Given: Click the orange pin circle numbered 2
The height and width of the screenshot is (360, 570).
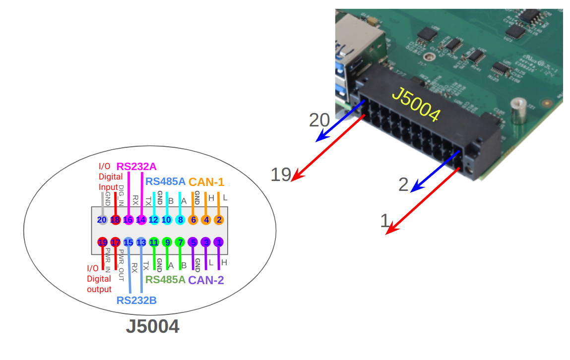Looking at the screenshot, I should (x=219, y=220).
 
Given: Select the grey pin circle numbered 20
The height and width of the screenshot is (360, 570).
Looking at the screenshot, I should (x=102, y=220).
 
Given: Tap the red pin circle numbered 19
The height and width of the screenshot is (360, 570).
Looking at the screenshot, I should (x=103, y=242).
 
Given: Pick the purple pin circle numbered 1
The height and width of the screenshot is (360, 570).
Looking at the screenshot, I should (x=219, y=242).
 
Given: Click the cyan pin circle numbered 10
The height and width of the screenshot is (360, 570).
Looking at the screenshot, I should (x=167, y=220).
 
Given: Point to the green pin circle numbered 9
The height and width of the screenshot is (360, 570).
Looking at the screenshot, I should (x=167, y=242).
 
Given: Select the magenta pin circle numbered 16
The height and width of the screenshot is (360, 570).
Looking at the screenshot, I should (x=128, y=220).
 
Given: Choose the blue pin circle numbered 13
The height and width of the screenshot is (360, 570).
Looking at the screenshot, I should (x=141, y=242).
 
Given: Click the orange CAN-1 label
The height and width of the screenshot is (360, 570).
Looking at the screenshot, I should (x=206, y=182).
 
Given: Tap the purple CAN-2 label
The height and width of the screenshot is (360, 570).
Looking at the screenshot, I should (x=206, y=280).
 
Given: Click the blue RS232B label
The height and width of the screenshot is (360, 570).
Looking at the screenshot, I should (x=137, y=300).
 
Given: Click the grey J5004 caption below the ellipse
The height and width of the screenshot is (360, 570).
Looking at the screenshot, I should (x=152, y=327).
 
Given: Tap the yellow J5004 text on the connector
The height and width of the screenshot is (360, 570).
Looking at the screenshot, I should (x=416, y=105).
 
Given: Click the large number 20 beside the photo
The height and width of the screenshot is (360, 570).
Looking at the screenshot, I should (x=319, y=120).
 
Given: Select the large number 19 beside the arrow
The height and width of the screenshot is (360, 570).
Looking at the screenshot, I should (x=280, y=175).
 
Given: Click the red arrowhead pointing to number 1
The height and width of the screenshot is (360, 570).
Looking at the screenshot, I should (x=391, y=230).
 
